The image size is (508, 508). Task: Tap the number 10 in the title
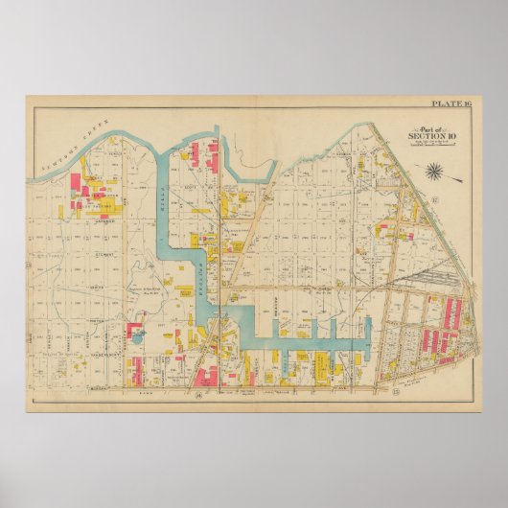[x=446, y=137]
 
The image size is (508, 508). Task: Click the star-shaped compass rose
[x=435, y=172]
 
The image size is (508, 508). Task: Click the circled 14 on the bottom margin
[x=197, y=395]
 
